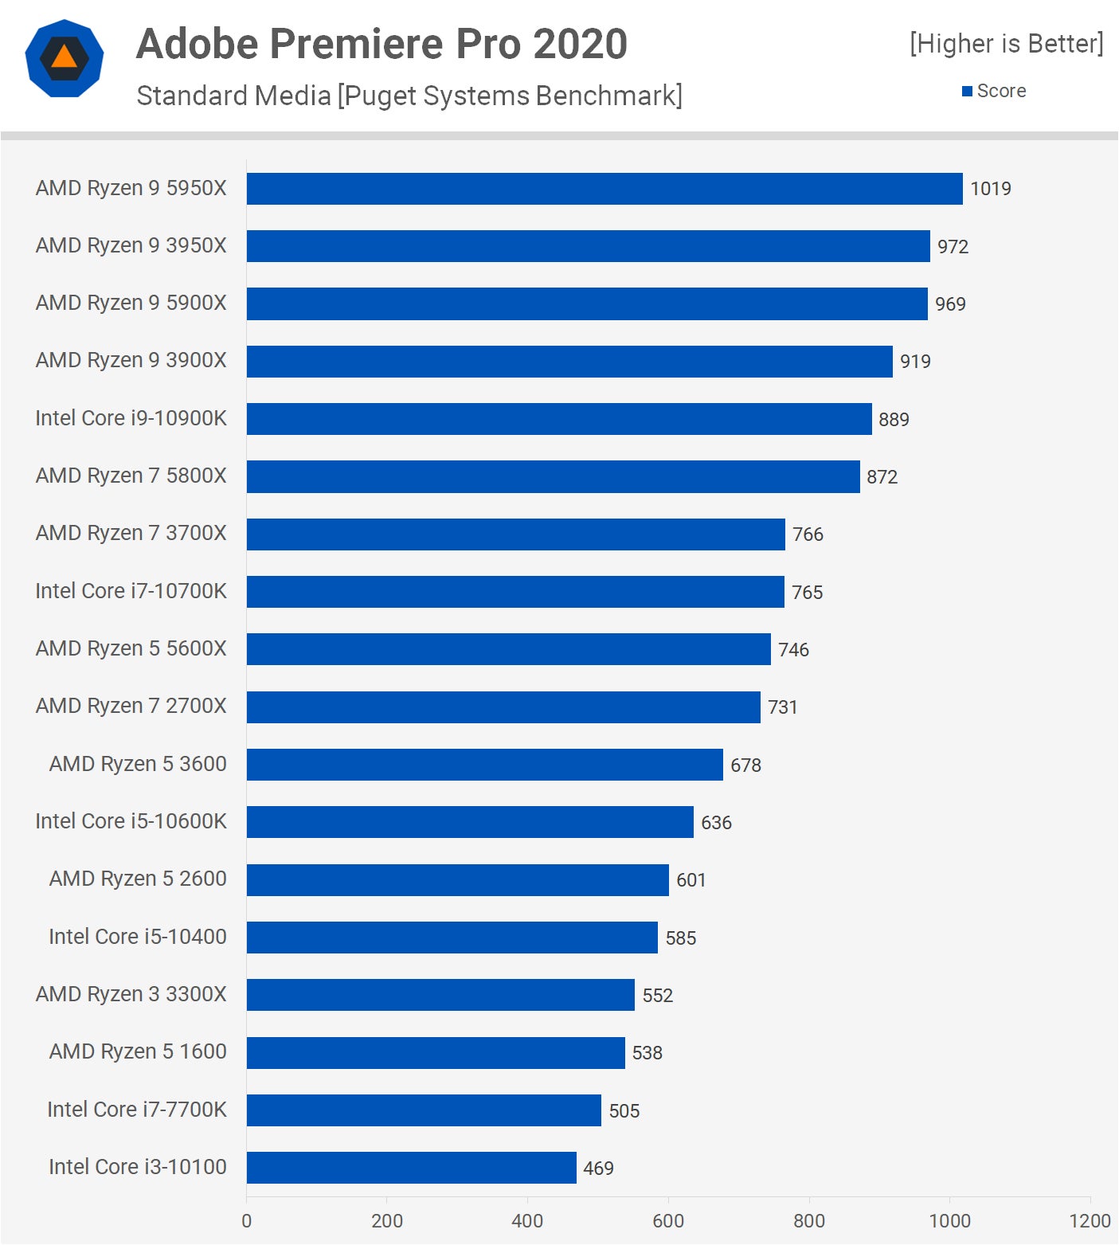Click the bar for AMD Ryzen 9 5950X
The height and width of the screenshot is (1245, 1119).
coord(604,189)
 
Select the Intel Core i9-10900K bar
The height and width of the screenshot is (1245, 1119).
coord(558,419)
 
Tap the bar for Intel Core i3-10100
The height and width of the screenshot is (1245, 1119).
coord(411,1168)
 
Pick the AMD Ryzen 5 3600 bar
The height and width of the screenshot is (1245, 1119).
coord(484,765)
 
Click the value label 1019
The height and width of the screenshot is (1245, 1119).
coord(990,189)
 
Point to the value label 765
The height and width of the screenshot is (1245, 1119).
coord(807,593)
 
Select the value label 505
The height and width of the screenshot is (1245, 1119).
coord(624,1111)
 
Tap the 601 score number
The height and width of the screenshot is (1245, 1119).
coord(691,880)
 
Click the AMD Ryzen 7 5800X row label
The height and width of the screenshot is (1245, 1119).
coord(131,476)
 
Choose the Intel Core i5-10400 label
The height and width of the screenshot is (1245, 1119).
coord(137,937)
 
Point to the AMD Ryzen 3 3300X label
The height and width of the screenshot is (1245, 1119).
coord(131,994)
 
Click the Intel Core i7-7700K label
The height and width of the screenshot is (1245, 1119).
coord(136,1110)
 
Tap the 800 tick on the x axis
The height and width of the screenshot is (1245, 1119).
coord(808,1221)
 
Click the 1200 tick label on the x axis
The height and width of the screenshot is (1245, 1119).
coord(1090,1221)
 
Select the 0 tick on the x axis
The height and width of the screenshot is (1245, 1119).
coord(246,1221)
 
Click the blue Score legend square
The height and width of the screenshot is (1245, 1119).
coord(967,92)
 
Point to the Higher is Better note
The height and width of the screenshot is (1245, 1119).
coord(1006,44)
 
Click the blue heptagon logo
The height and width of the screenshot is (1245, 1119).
coord(65,58)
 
